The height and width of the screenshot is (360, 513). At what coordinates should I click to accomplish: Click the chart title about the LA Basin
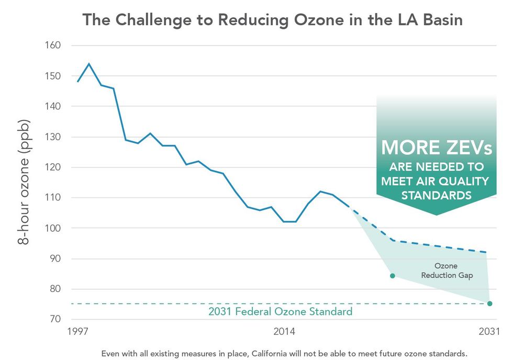[x=272, y=20]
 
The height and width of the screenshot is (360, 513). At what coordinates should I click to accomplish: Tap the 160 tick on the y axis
[x=53, y=46]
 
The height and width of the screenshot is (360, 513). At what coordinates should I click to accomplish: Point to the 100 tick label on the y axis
[x=53, y=228]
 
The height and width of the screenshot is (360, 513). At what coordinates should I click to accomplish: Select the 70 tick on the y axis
[x=55, y=319]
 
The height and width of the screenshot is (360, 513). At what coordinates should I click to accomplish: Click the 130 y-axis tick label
[x=53, y=137]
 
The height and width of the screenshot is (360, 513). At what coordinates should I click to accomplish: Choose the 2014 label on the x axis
[x=284, y=331]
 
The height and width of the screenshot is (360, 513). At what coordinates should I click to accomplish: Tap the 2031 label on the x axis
[x=489, y=331]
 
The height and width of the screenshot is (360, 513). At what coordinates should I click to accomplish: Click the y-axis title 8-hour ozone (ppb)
[x=24, y=182]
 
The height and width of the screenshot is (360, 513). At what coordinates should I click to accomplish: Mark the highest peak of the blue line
[x=88, y=64]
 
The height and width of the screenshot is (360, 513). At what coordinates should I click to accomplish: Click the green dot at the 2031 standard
[x=490, y=303]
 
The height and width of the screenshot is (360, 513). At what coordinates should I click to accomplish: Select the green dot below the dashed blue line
[x=392, y=276]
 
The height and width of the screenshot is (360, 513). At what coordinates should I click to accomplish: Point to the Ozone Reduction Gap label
[x=447, y=271]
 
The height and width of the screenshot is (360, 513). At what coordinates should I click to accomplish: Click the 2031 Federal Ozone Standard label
[x=280, y=312]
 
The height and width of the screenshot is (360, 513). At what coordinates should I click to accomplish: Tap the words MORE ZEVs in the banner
[x=437, y=148]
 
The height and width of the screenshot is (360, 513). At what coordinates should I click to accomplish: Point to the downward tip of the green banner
[x=436, y=215]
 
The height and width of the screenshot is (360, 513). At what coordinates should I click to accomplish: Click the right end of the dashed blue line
[x=487, y=252]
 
